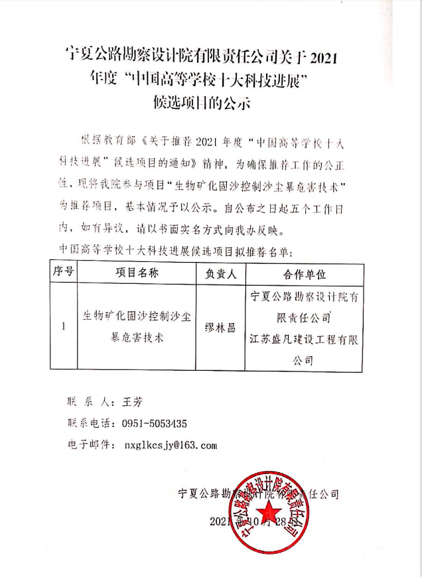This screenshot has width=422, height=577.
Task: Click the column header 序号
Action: pos(63,273)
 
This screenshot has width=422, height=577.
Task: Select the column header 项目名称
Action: pos(137,273)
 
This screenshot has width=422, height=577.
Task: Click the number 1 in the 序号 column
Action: pos(63,327)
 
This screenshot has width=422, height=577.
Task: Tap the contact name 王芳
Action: pos(133,402)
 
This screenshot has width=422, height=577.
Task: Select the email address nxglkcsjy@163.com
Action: pos(166,445)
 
